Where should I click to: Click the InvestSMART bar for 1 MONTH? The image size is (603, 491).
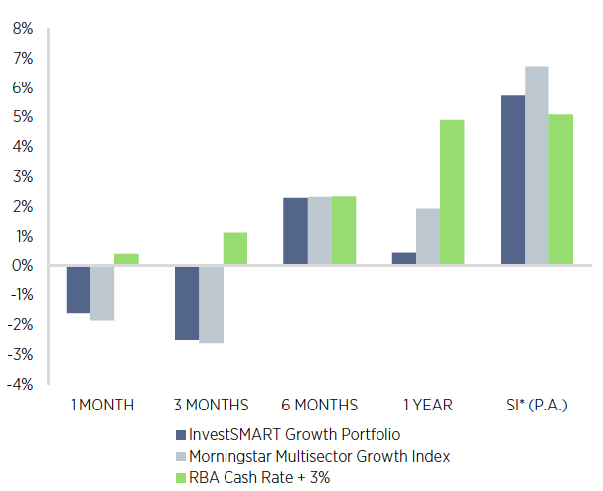tap(78, 289)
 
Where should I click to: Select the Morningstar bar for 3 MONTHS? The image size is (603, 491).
tap(211, 304)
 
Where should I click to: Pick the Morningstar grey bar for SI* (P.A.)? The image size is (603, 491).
tap(536, 166)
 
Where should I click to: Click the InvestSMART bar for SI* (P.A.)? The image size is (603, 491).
tap(513, 181)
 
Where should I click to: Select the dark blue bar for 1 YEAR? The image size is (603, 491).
tap(404, 259)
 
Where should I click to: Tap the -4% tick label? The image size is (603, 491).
tap(22, 385)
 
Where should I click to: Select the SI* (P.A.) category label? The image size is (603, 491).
tap(537, 405)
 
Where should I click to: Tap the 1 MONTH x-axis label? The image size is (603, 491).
tap(101, 405)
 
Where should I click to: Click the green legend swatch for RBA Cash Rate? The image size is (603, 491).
tap(180, 478)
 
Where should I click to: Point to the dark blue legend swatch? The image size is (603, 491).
tap(180, 434)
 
